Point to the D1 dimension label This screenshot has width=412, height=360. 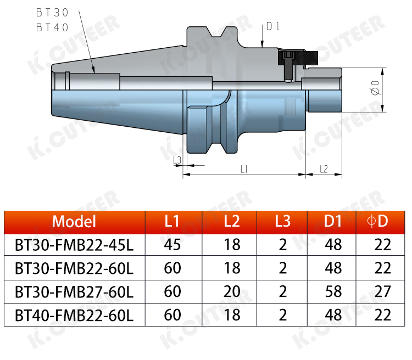(274, 26)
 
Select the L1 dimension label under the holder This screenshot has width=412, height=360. (244, 169)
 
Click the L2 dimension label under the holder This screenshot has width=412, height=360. (324, 169)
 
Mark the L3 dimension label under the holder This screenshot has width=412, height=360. (177, 160)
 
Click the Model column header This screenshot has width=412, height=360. (74, 221)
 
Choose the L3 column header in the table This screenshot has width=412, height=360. (283, 221)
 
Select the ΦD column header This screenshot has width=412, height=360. (377, 221)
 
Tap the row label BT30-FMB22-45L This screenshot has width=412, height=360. (74, 244)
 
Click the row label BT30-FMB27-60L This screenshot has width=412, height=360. (74, 291)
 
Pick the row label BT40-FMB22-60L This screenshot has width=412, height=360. (74, 315)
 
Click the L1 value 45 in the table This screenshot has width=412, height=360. (172, 244)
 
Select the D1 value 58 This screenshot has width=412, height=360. (333, 291)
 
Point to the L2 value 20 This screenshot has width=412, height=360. (232, 291)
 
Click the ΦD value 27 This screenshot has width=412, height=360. (382, 291)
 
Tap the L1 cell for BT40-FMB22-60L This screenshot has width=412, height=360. (172, 315)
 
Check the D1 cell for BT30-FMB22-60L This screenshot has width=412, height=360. (333, 268)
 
